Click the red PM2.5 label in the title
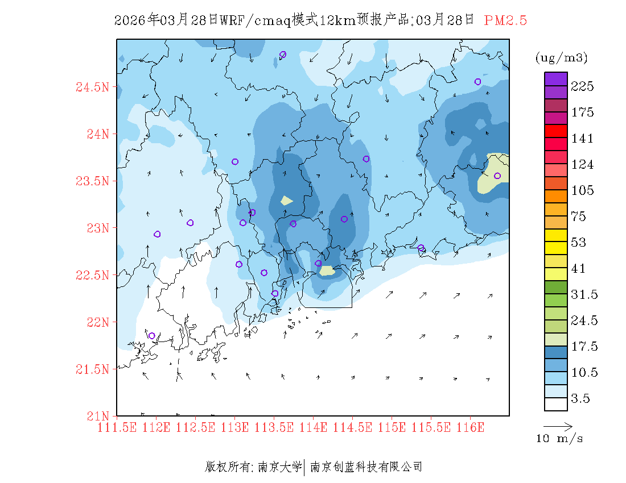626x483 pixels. pos(505,20)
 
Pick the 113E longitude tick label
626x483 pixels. pos(234,427)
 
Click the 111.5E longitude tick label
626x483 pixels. pos(117,427)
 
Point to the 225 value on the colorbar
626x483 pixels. pos(583,86)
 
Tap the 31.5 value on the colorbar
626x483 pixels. pos(584,294)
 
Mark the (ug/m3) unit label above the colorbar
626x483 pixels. pos(562,58)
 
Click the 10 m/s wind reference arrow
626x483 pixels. pos(558,425)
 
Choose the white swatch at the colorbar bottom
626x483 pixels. pos(555,404)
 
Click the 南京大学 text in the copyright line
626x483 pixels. pos(279,467)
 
